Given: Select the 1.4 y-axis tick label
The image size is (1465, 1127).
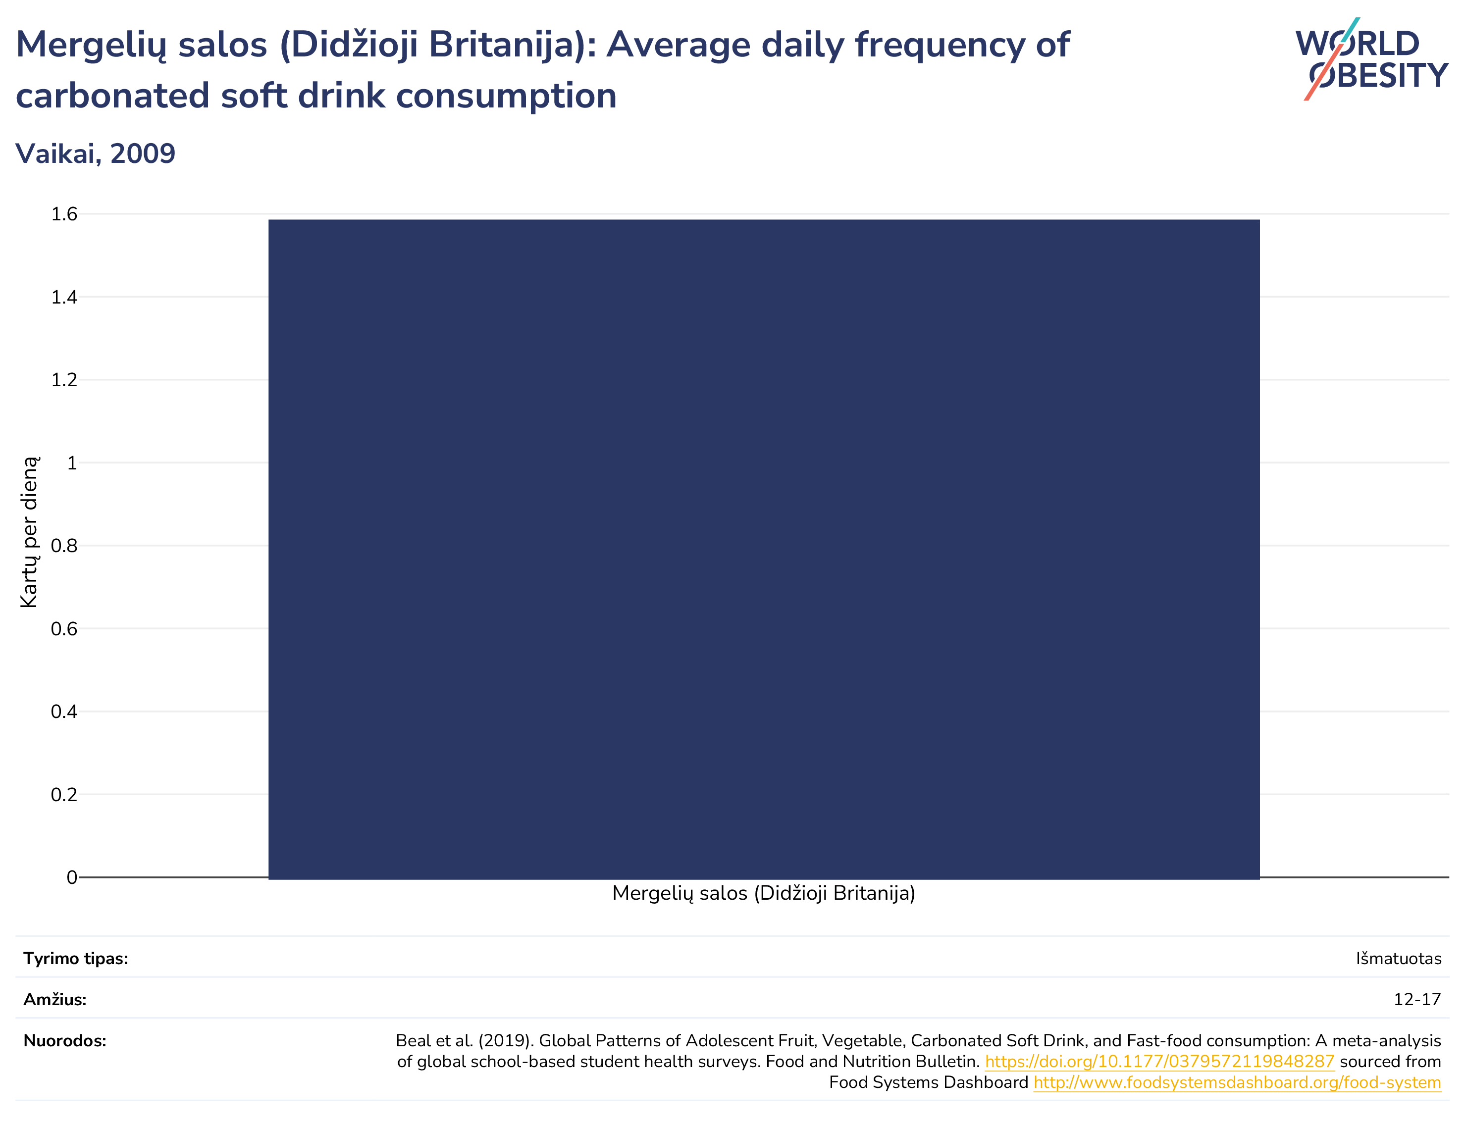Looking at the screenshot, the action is [64, 297].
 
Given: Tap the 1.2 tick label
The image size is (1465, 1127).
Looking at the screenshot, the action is [64, 380].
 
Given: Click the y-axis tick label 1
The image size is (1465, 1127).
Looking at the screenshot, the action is [72, 463].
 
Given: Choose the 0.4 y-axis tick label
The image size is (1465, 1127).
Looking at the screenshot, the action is [64, 711].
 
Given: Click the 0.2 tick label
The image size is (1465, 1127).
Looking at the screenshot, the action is [64, 794].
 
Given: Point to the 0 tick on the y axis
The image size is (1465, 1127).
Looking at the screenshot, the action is [72, 877].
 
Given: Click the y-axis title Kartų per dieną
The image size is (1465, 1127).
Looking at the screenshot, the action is [30, 532].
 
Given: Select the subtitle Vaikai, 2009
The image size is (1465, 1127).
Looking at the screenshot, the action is [95, 154].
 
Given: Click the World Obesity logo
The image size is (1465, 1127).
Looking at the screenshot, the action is [1372, 59].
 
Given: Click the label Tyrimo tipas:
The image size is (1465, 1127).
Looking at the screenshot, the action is [76, 959].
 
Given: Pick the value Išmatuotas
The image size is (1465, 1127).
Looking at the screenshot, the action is [1399, 959].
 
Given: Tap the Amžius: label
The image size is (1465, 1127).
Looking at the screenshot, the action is [55, 1000].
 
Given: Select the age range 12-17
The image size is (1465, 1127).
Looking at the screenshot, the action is [1417, 1000].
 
